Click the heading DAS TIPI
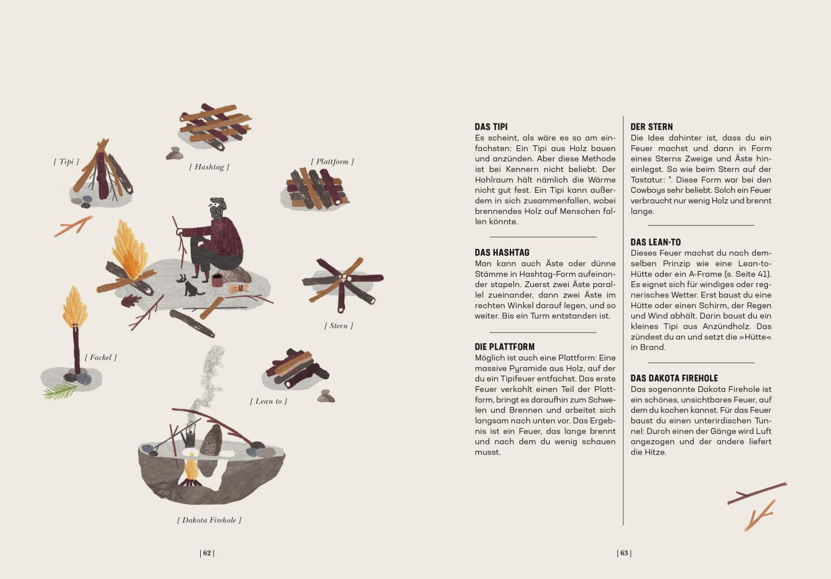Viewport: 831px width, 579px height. coord(491,127)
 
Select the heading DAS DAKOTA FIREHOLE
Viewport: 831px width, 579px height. coord(674,378)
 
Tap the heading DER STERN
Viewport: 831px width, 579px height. coord(652,127)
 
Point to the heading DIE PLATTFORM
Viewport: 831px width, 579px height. coord(505,347)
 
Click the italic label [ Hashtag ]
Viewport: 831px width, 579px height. coord(209,167)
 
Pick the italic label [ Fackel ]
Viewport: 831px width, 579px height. coord(101,357)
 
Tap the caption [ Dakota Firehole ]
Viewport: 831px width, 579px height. coord(209,520)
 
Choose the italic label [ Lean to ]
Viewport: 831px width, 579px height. coord(269,401)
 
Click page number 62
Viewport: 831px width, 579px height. coord(207,553)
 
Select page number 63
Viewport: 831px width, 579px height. coord(624,553)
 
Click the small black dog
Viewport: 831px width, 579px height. coord(192,288)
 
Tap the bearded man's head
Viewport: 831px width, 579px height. coord(217,208)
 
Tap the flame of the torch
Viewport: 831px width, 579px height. coord(75,306)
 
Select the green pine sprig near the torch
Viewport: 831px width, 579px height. coord(60,391)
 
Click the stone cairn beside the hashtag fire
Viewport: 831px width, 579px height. coord(174,153)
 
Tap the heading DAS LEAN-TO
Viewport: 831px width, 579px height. coord(656,243)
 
